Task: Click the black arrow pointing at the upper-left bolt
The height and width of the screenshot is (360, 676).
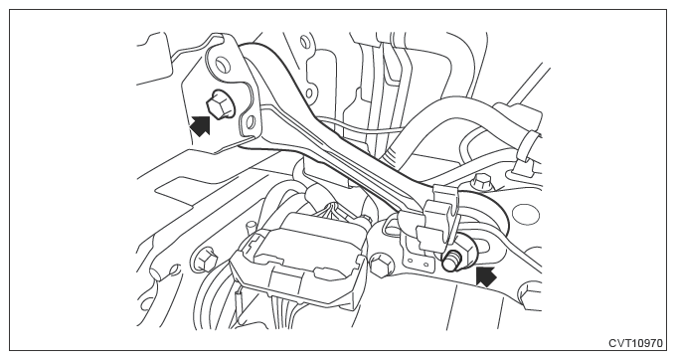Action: tap(200, 126)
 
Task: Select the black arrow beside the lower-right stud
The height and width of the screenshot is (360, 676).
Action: tap(486, 276)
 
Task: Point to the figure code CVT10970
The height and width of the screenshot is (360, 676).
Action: tap(635, 343)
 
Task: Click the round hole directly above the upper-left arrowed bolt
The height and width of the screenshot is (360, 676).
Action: tap(222, 65)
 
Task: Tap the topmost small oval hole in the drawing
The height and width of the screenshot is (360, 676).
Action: tap(305, 42)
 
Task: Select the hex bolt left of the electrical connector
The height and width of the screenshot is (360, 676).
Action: tap(206, 258)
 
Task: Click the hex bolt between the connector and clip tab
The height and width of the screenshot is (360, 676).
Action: tap(381, 264)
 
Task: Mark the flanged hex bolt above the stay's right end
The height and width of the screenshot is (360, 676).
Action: tap(482, 182)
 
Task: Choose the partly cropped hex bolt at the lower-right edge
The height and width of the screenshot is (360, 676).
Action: tap(531, 294)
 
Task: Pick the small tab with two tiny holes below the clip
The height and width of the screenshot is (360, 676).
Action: tap(418, 259)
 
